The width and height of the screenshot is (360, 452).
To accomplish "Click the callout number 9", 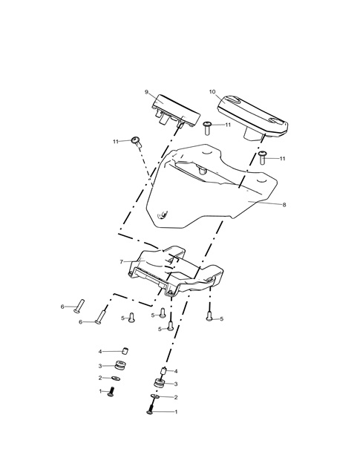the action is point(146,92).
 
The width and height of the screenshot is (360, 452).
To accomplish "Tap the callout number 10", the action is point(212,92).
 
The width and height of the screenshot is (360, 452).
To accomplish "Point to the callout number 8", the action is point(284,205).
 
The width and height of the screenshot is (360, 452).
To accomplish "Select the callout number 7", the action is point(121,262).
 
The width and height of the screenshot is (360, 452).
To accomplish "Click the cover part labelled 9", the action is point(175,111).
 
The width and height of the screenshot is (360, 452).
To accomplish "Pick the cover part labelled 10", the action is point(252,117).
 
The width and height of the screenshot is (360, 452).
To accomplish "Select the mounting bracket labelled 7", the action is point(174,271).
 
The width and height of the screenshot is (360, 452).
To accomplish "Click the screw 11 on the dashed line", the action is point(136,141).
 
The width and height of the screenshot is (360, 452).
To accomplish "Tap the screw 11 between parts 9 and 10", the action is point(207,128).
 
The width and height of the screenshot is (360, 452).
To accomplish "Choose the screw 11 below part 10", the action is point(262,157).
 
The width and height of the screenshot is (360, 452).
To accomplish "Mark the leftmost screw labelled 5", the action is point(131,318).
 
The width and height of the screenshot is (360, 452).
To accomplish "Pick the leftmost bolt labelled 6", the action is point(79,306).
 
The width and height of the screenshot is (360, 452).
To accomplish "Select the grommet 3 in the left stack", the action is point(120,365).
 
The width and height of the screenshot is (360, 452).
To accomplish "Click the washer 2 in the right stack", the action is point(155,396).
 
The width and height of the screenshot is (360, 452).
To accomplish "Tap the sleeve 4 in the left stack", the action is point(125,351).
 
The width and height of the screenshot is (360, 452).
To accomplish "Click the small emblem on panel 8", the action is point(163,214).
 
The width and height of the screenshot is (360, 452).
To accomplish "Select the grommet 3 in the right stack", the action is point(159,384).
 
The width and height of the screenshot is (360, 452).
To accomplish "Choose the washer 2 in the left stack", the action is point(116,378).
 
